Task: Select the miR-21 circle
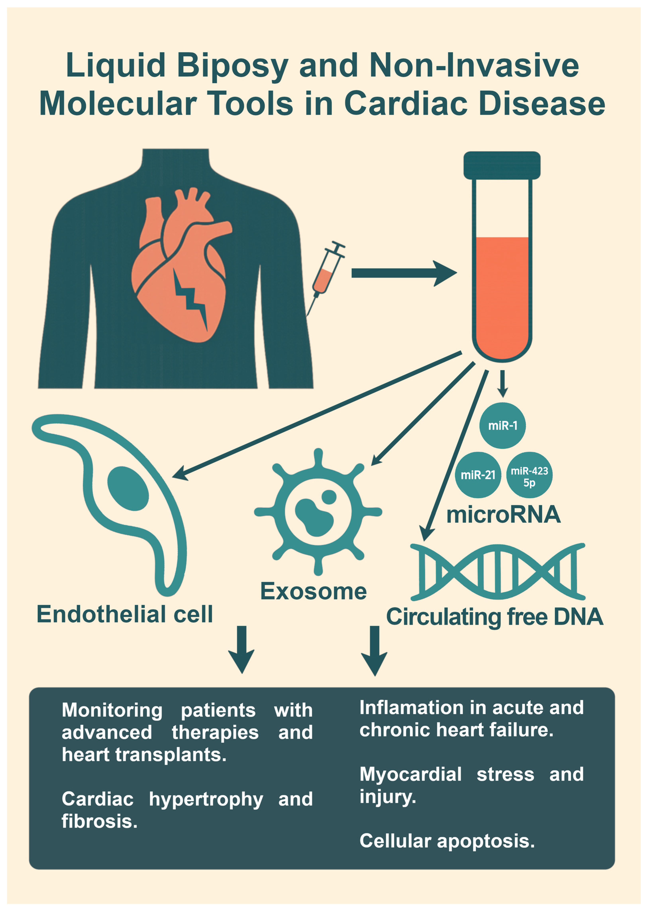(478, 475)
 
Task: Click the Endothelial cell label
(125, 614)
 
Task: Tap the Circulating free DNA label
(494, 617)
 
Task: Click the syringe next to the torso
(328, 272)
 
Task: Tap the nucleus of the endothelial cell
(128, 488)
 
